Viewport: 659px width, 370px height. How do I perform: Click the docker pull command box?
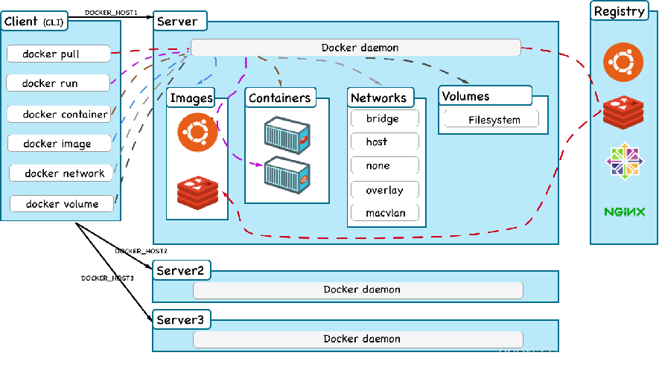tap(59, 54)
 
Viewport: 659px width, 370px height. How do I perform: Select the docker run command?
tap(58, 83)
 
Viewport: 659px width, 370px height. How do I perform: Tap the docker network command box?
tap(63, 173)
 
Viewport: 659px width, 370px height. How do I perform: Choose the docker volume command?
tap(63, 203)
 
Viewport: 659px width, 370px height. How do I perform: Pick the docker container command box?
tap(60, 114)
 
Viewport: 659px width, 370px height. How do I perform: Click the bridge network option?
tap(383, 118)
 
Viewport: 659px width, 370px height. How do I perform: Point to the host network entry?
tap(383, 141)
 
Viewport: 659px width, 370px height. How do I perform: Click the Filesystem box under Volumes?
tap(492, 119)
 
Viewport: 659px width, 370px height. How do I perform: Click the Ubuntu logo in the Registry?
tap(623, 62)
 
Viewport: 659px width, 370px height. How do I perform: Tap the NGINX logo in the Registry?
tap(624, 212)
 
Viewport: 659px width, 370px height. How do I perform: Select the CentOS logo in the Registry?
tap(624, 161)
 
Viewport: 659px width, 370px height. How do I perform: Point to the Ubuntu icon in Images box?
tap(197, 133)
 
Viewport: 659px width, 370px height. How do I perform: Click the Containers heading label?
tap(279, 98)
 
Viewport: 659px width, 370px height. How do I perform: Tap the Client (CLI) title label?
tap(34, 22)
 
